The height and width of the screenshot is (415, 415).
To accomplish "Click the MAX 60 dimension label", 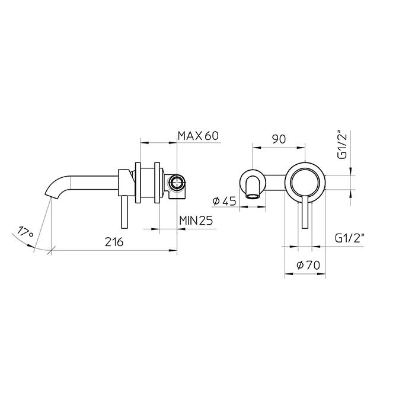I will coord(199,136).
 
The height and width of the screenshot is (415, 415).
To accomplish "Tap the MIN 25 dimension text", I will coord(196,221).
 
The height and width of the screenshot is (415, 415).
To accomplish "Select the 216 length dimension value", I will coord(114,242).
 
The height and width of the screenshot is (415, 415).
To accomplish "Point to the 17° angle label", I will coord(24,231).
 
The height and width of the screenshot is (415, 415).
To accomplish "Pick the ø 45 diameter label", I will coord(224,202).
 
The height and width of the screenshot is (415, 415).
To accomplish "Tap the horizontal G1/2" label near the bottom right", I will coord(349,238).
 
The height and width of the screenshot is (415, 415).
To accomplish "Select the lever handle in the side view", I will coord(124,213).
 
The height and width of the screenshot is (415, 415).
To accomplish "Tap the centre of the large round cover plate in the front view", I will coord(305,182).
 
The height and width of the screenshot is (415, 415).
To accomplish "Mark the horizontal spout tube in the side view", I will coord(95,180).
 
